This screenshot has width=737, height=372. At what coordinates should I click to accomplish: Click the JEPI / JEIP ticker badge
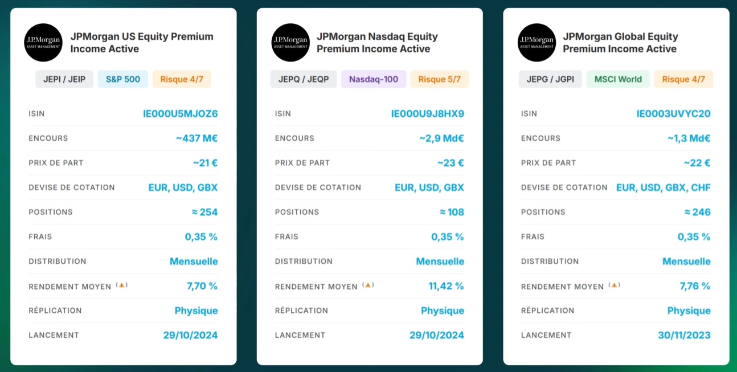(64, 79)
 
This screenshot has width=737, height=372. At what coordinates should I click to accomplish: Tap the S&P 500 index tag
(122, 79)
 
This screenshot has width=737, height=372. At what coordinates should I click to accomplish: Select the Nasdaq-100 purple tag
(374, 79)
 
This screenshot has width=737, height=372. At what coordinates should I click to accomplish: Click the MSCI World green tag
(618, 79)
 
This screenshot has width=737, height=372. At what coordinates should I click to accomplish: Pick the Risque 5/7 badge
(439, 79)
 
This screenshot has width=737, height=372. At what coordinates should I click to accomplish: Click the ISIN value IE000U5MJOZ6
(181, 113)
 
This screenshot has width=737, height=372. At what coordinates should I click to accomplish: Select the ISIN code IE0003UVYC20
(673, 113)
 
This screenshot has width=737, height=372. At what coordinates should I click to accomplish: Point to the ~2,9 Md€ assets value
(441, 138)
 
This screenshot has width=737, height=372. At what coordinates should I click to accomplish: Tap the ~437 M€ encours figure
(196, 138)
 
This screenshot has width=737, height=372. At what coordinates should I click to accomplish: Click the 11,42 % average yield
(446, 286)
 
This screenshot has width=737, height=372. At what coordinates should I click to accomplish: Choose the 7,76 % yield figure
(695, 286)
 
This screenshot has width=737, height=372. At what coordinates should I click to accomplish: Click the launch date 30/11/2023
(684, 335)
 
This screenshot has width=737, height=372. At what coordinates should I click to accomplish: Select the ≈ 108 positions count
(452, 212)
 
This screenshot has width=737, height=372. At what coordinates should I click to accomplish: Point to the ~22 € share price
(697, 163)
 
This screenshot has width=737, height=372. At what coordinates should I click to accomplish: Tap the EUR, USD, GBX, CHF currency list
(663, 187)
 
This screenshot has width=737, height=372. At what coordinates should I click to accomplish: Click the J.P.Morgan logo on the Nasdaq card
(290, 43)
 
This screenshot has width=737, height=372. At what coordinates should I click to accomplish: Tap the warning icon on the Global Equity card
(614, 285)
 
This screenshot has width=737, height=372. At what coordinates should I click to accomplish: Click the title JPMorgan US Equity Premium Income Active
(142, 43)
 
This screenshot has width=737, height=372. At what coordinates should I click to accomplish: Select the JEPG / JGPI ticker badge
(550, 79)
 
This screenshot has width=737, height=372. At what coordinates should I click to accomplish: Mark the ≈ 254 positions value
(204, 212)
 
